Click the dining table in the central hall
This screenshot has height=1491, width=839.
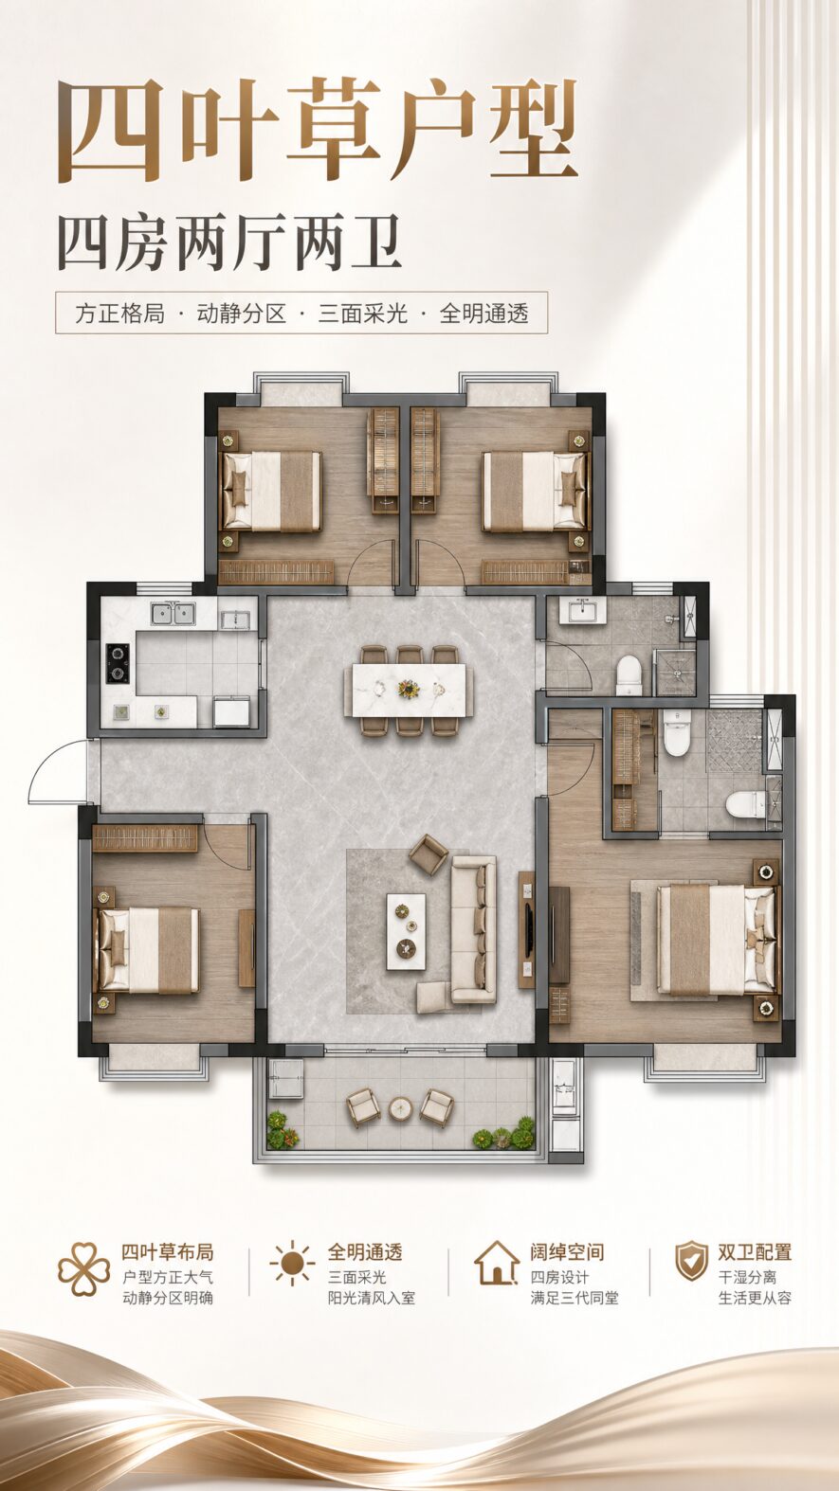pyautogui.click(x=410, y=691)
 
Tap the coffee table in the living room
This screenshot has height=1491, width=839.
pyautogui.click(x=406, y=931)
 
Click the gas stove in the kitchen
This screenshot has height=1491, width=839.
pyautogui.click(x=119, y=664)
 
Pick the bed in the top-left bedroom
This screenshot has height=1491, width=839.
pyautogui.click(x=271, y=492)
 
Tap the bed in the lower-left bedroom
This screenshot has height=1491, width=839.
pyautogui.click(x=149, y=949)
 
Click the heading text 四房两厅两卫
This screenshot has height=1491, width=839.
pyautogui.click(x=230, y=243)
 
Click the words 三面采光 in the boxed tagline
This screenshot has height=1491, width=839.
pyautogui.click(x=362, y=313)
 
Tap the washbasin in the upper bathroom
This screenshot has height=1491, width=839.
pyautogui.click(x=582, y=610)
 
